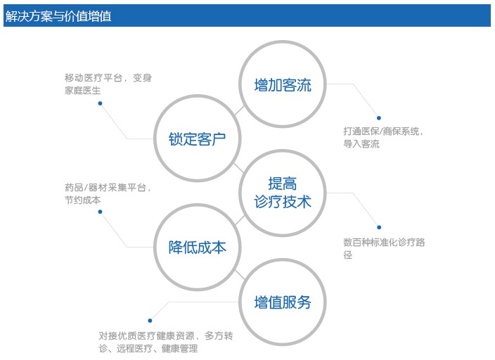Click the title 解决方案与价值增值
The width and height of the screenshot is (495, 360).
tap(58, 15)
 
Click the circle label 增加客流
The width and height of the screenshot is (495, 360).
tap(283, 85)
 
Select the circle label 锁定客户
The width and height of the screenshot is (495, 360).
tap(197, 139)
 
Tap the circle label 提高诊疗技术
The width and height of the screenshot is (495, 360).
tap(283, 193)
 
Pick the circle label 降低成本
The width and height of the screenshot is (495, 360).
tap(197, 247)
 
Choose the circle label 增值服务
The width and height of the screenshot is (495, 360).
tap(283, 302)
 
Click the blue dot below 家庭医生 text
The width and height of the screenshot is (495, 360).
tap(100, 103)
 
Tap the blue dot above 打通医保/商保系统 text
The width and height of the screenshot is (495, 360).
tap(379, 118)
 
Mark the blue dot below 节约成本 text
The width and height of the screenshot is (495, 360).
tap(100, 212)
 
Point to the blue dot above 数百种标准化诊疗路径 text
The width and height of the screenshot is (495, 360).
tap(379, 227)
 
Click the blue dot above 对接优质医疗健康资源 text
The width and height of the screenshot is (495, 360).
tap(150, 321)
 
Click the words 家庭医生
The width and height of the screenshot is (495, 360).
tap(83, 91)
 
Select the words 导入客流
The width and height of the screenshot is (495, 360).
tap(361, 144)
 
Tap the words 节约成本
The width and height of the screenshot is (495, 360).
tap(83, 200)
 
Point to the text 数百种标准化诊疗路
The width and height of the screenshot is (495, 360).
tap(384, 243)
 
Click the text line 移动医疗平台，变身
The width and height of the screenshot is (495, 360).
tap(108, 77)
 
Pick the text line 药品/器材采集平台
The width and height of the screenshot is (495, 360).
tap(105, 188)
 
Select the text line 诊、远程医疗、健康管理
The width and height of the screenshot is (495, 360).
tap(148, 349)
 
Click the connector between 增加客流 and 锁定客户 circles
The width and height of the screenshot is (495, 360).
tap(240, 110)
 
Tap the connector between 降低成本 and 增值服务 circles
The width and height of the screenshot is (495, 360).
tap(240, 275)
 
